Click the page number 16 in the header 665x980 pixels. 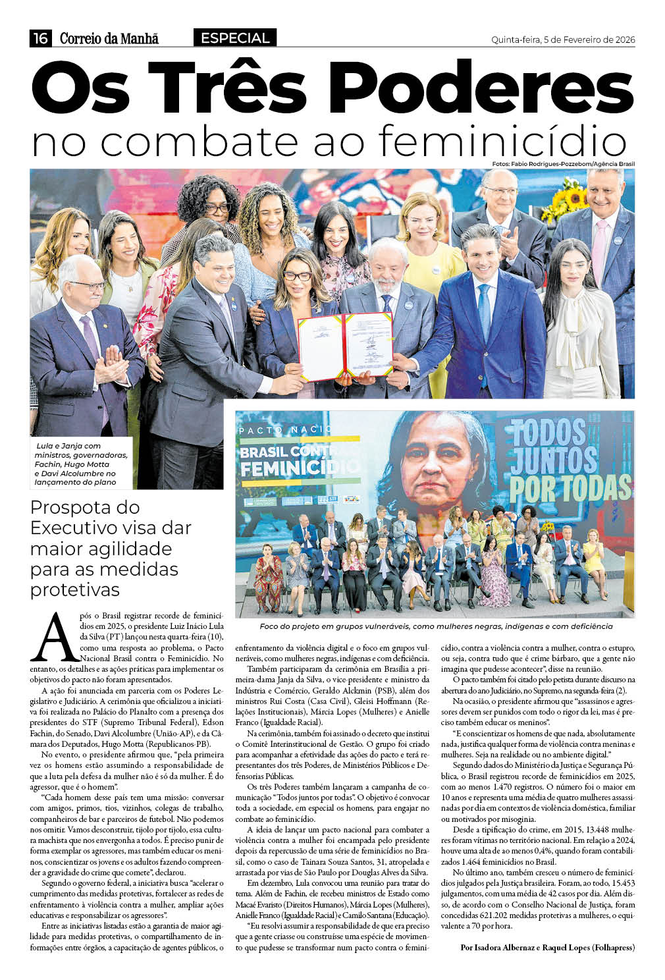(41, 38)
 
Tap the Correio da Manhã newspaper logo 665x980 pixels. (109, 39)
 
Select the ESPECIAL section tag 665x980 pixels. (235, 38)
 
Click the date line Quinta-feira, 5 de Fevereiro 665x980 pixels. (563, 40)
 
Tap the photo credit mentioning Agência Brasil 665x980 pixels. (563, 164)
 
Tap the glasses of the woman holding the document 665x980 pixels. (298, 276)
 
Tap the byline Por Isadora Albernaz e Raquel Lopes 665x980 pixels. (547, 947)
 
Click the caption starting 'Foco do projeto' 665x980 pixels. (435, 626)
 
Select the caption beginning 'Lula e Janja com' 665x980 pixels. (75, 464)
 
